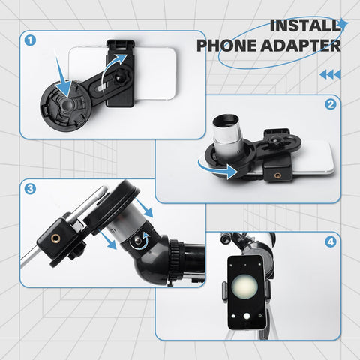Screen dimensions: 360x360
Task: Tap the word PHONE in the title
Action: [x=226, y=45]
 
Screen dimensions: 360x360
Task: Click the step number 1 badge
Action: [x=30, y=39]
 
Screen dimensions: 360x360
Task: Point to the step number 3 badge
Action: [x=30, y=188]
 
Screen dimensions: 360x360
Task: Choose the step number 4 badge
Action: [x=329, y=241]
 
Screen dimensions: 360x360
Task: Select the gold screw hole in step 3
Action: [x=54, y=239]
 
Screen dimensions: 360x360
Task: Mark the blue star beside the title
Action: [x=343, y=24]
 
